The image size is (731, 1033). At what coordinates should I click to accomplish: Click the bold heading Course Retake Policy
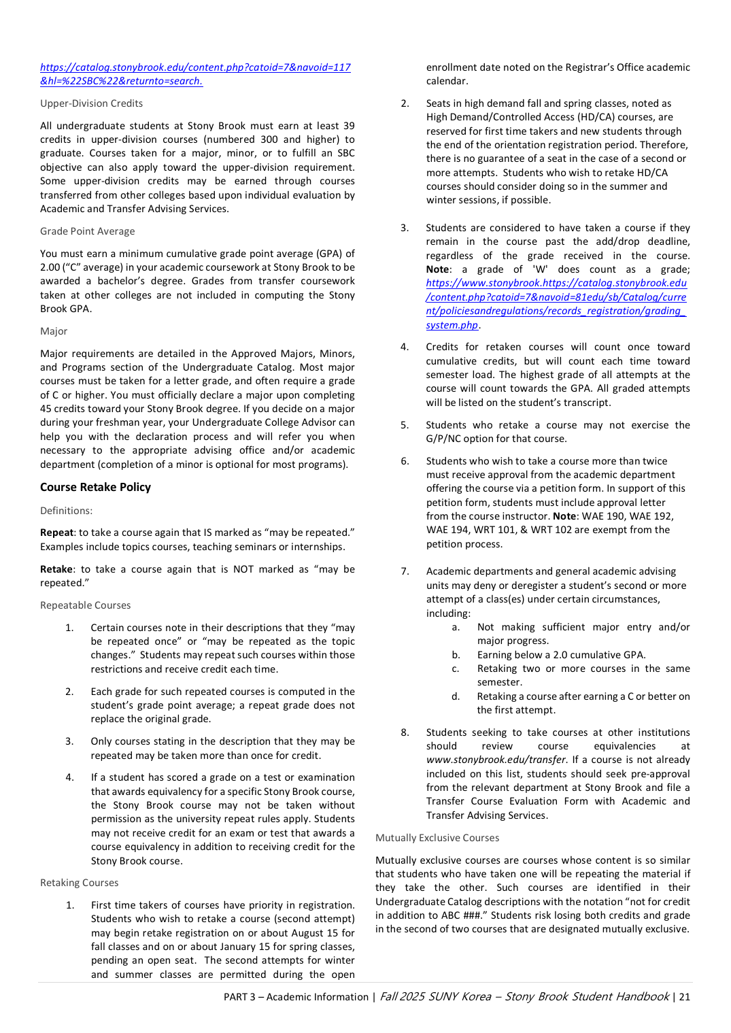[x=95, y=487]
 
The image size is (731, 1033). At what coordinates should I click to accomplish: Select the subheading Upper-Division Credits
[x=91, y=103]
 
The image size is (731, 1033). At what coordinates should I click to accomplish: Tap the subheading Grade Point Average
[x=87, y=231]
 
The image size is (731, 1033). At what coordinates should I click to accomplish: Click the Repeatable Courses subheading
[x=85, y=605]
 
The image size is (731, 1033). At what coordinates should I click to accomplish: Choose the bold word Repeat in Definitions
[x=56, y=532]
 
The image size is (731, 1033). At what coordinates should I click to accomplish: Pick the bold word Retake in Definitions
[x=56, y=569]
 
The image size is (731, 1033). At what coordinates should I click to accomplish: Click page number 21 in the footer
[x=684, y=997]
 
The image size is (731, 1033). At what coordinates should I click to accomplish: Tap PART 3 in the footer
[x=240, y=997]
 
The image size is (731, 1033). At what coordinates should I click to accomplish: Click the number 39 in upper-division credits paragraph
[x=349, y=126]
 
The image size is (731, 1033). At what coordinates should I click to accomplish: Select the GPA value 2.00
[x=50, y=267]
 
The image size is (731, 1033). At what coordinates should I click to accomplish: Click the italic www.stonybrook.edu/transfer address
[x=496, y=760]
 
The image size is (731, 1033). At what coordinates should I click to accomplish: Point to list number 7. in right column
[x=405, y=571]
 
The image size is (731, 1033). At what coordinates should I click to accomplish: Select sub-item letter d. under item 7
[x=456, y=696]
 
